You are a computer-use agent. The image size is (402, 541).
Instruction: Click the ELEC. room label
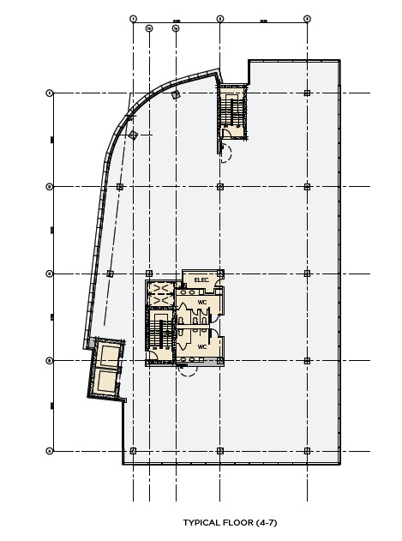(202, 280)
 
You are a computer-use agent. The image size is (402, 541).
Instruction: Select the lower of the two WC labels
(202, 346)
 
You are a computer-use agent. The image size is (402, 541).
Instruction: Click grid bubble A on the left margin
(49, 450)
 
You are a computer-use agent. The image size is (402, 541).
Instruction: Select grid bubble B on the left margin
(49, 361)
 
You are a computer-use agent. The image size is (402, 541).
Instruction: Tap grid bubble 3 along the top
(307, 18)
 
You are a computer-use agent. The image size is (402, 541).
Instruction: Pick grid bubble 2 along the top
(220, 18)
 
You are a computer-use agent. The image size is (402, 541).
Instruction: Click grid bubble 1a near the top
(149, 28)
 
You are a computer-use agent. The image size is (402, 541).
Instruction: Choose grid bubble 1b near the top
(175, 28)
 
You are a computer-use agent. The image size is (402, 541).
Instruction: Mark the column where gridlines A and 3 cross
(307, 450)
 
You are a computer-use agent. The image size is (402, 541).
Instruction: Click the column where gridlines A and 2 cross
(220, 450)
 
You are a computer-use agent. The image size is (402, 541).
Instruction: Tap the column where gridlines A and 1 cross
(133, 450)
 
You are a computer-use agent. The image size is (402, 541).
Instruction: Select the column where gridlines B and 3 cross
(307, 361)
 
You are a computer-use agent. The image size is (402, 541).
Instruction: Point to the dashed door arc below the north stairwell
(226, 154)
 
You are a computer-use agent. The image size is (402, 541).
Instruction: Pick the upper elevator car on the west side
(109, 353)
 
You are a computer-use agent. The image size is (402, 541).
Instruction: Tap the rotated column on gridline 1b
(175, 96)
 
